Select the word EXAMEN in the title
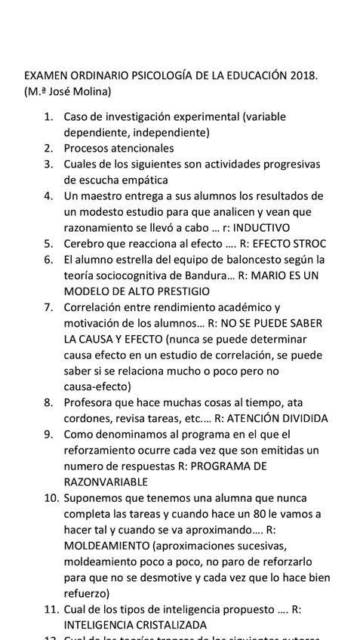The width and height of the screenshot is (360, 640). click(45, 76)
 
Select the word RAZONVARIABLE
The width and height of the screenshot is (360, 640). click(106, 482)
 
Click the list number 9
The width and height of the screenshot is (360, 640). click(47, 434)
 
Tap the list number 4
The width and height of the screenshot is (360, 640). click(47, 196)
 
